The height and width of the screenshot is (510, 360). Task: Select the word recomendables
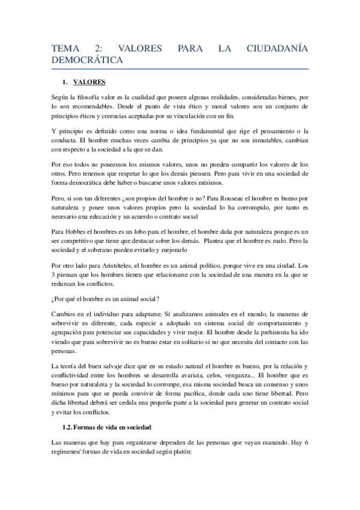click(86, 105)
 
